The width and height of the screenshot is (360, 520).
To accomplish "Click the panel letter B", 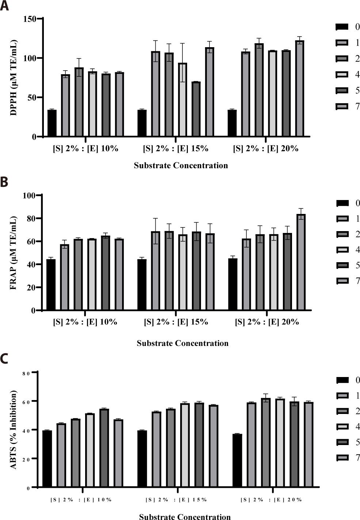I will click(x=4, y=182).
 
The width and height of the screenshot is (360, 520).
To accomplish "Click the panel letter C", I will click(x=4, y=359).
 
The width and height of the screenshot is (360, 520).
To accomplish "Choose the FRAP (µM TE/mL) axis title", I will click(x=14, y=253).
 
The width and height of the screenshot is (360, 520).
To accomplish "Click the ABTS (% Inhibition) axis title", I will click(x=14, y=430).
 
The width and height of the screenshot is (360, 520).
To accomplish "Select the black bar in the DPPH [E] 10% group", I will click(x=52, y=123).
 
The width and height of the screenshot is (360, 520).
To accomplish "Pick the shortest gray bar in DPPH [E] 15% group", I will click(x=196, y=109).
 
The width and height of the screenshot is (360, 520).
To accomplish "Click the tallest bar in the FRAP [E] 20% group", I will click(x=301, y=262).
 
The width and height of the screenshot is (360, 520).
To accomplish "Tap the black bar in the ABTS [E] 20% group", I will click(x=237, y=460).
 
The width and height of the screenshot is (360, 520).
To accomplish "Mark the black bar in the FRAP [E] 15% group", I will click(x=142, y=285).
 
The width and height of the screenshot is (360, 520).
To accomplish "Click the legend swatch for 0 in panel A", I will click(x=342, y=27).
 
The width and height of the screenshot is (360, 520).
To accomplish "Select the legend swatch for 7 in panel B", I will click(x=342, y=281).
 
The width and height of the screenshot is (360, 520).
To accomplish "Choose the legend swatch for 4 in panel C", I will click(x=342, y=427).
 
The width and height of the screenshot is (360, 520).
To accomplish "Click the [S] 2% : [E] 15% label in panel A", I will click(x=175, y=148).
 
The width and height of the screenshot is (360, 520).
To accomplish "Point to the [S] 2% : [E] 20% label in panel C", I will click(x=271, y=500).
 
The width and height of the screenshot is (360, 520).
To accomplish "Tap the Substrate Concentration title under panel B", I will click(x=182, y=343).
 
